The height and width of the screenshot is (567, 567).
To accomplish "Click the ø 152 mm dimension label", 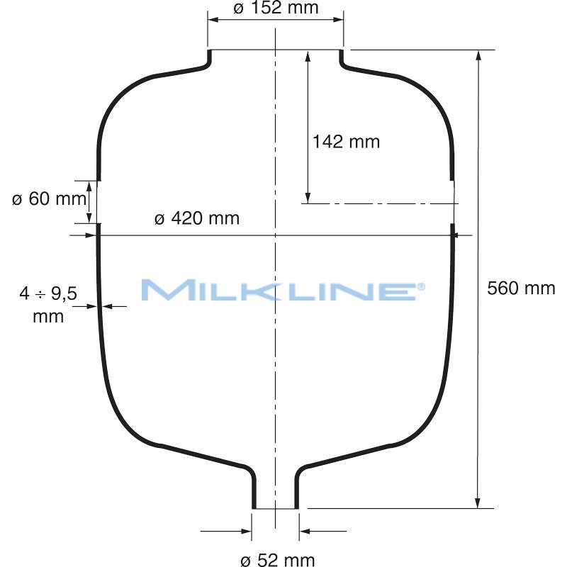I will point(276,8).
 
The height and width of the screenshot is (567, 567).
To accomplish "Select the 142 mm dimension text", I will point(346,142).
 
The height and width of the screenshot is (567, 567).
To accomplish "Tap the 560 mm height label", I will point(522,288).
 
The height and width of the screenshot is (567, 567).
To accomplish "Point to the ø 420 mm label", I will point(197,218).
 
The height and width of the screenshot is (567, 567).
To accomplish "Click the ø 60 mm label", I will point(48,199).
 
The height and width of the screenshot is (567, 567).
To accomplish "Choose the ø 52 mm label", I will point(277,561).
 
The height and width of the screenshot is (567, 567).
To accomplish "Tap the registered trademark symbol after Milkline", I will point(421,286).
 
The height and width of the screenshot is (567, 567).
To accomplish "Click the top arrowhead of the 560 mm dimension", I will point(480,56).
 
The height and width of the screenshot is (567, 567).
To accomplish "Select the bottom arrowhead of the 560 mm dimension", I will point(480,502).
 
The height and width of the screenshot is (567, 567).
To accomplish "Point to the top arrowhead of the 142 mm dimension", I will point(308,56).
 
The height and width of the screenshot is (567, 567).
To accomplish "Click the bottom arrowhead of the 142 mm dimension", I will point(308,198).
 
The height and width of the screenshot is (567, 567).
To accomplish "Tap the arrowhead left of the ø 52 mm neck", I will point(247,530).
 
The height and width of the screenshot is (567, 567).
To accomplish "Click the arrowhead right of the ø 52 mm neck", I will point(304,530).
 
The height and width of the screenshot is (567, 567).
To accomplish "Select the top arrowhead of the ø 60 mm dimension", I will point(89,186).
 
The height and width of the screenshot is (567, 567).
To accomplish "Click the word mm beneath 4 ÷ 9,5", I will point(48,316).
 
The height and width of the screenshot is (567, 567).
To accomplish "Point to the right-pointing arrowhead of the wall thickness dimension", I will point(92,306).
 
